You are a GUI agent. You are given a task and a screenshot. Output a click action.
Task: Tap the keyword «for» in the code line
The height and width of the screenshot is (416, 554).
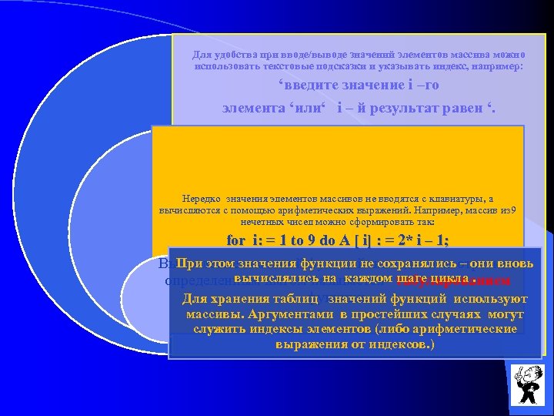coord(238,240)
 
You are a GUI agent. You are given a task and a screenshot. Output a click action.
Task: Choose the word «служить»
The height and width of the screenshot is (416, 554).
coord(217,329)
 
